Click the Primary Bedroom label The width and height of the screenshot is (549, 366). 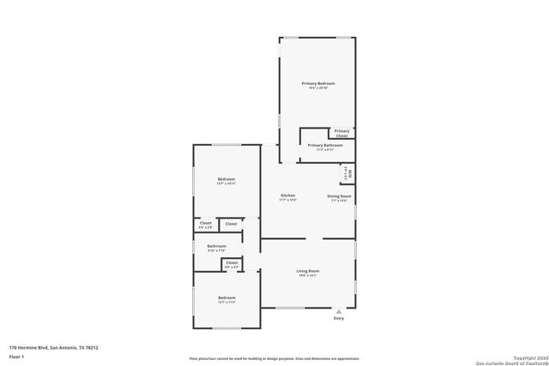pos(317,83)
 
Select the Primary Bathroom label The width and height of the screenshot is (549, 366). pos(325,145)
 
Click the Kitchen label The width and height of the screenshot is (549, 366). pos(288,196)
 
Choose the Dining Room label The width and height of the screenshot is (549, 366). pos(339,196)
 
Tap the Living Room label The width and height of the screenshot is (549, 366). pos(307,271)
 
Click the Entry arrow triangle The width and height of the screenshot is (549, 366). pos(339,310)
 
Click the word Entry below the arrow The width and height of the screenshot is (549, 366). pos(339,319)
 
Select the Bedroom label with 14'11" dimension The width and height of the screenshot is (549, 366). pos(226,179)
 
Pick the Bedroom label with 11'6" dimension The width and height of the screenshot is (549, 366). pos(226,299)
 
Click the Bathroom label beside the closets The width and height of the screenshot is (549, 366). pos(217,247)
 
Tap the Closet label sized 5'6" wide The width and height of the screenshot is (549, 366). pos(206,224)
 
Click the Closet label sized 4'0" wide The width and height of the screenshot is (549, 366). pos(232,264)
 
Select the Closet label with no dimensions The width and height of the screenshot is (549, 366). pos(231,224)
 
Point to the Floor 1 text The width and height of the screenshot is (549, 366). pos(17,356)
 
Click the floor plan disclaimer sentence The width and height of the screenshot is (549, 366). pos(274,357)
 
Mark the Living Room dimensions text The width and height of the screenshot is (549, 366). pos(307,275)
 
